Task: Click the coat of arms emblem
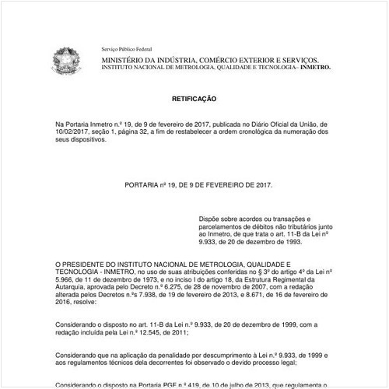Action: (65, 58)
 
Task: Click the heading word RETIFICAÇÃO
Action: (194, 100)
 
